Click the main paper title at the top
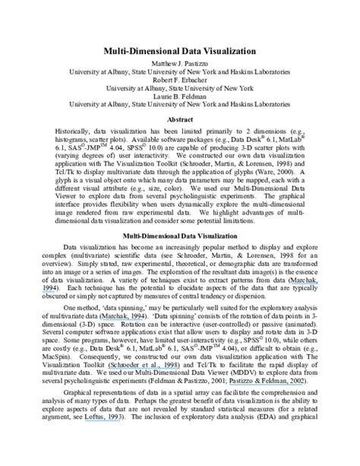click(x=179, y=50)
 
